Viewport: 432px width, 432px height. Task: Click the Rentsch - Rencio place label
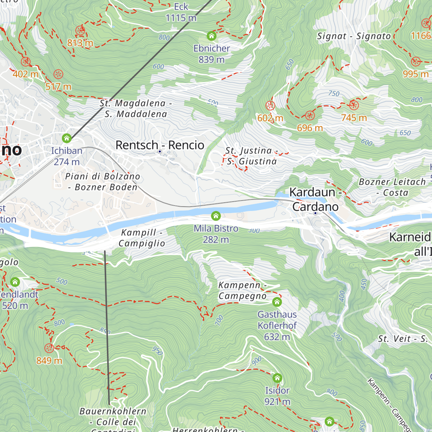point(160,145)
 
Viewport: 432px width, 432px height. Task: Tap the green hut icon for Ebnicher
point(211,36)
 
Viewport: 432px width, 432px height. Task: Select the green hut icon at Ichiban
point(66,138)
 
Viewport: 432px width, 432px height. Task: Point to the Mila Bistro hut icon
point(216,216)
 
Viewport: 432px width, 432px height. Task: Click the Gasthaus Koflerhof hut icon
point(277,302)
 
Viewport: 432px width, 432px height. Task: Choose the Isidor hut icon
point(277,378)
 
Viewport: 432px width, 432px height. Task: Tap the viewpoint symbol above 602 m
point(270,106)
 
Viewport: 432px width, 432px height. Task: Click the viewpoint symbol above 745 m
point(354,105)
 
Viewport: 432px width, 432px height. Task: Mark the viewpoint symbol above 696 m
point(310,116)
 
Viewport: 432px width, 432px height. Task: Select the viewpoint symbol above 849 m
point(49,348)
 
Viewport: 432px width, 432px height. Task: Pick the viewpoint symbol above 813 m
point(80,31)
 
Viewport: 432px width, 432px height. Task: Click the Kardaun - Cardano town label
point(315,199)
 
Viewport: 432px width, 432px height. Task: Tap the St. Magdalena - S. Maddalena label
point(136,109)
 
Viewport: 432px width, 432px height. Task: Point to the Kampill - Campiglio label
point(142,238)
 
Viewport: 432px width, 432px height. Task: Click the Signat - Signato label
point(354,36)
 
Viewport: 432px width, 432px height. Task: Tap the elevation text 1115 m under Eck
point(181,18)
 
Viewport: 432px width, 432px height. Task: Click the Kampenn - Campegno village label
point(242,291)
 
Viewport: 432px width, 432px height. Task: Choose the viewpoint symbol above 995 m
point(416,61)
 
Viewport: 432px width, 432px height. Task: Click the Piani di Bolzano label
point(103,181)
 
